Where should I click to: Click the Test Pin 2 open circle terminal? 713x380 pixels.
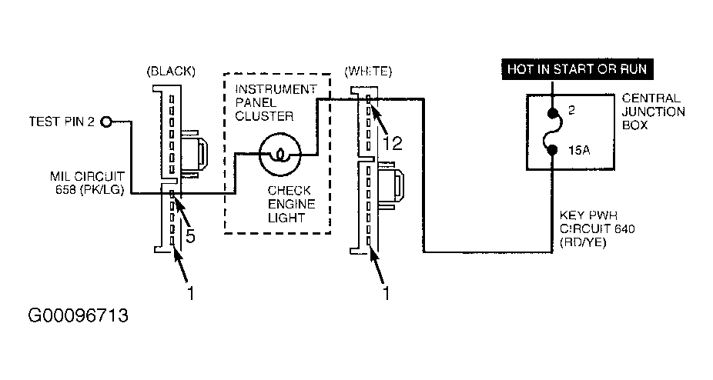point(106,122)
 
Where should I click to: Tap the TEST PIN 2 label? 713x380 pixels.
point(62,122)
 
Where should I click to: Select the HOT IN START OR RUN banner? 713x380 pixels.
point(577,69)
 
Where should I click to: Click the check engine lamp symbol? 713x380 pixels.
point(280,155)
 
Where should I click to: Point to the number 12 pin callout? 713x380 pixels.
point(393,143)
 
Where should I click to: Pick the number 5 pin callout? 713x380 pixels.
point(190,236)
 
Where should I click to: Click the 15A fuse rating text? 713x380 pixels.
point(579,150)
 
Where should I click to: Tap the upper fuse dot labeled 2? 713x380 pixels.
point(553,113)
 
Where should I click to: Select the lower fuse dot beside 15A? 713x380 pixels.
point(553,149)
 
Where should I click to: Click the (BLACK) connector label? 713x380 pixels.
point(171,72)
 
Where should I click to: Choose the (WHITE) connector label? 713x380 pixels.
point(368,72)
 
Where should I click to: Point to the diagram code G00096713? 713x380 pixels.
point(79,315)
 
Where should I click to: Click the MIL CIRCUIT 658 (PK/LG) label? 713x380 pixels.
point(87,183)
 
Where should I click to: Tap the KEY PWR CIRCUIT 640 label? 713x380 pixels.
point(597,228)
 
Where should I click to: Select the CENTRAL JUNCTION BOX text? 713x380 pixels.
point(653,112)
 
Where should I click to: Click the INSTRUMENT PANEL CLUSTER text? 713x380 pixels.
point(276,103)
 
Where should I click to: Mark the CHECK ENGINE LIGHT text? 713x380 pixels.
point(291,204)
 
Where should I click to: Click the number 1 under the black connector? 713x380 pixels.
point(191,293)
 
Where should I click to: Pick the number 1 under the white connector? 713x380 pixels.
point(386,293)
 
